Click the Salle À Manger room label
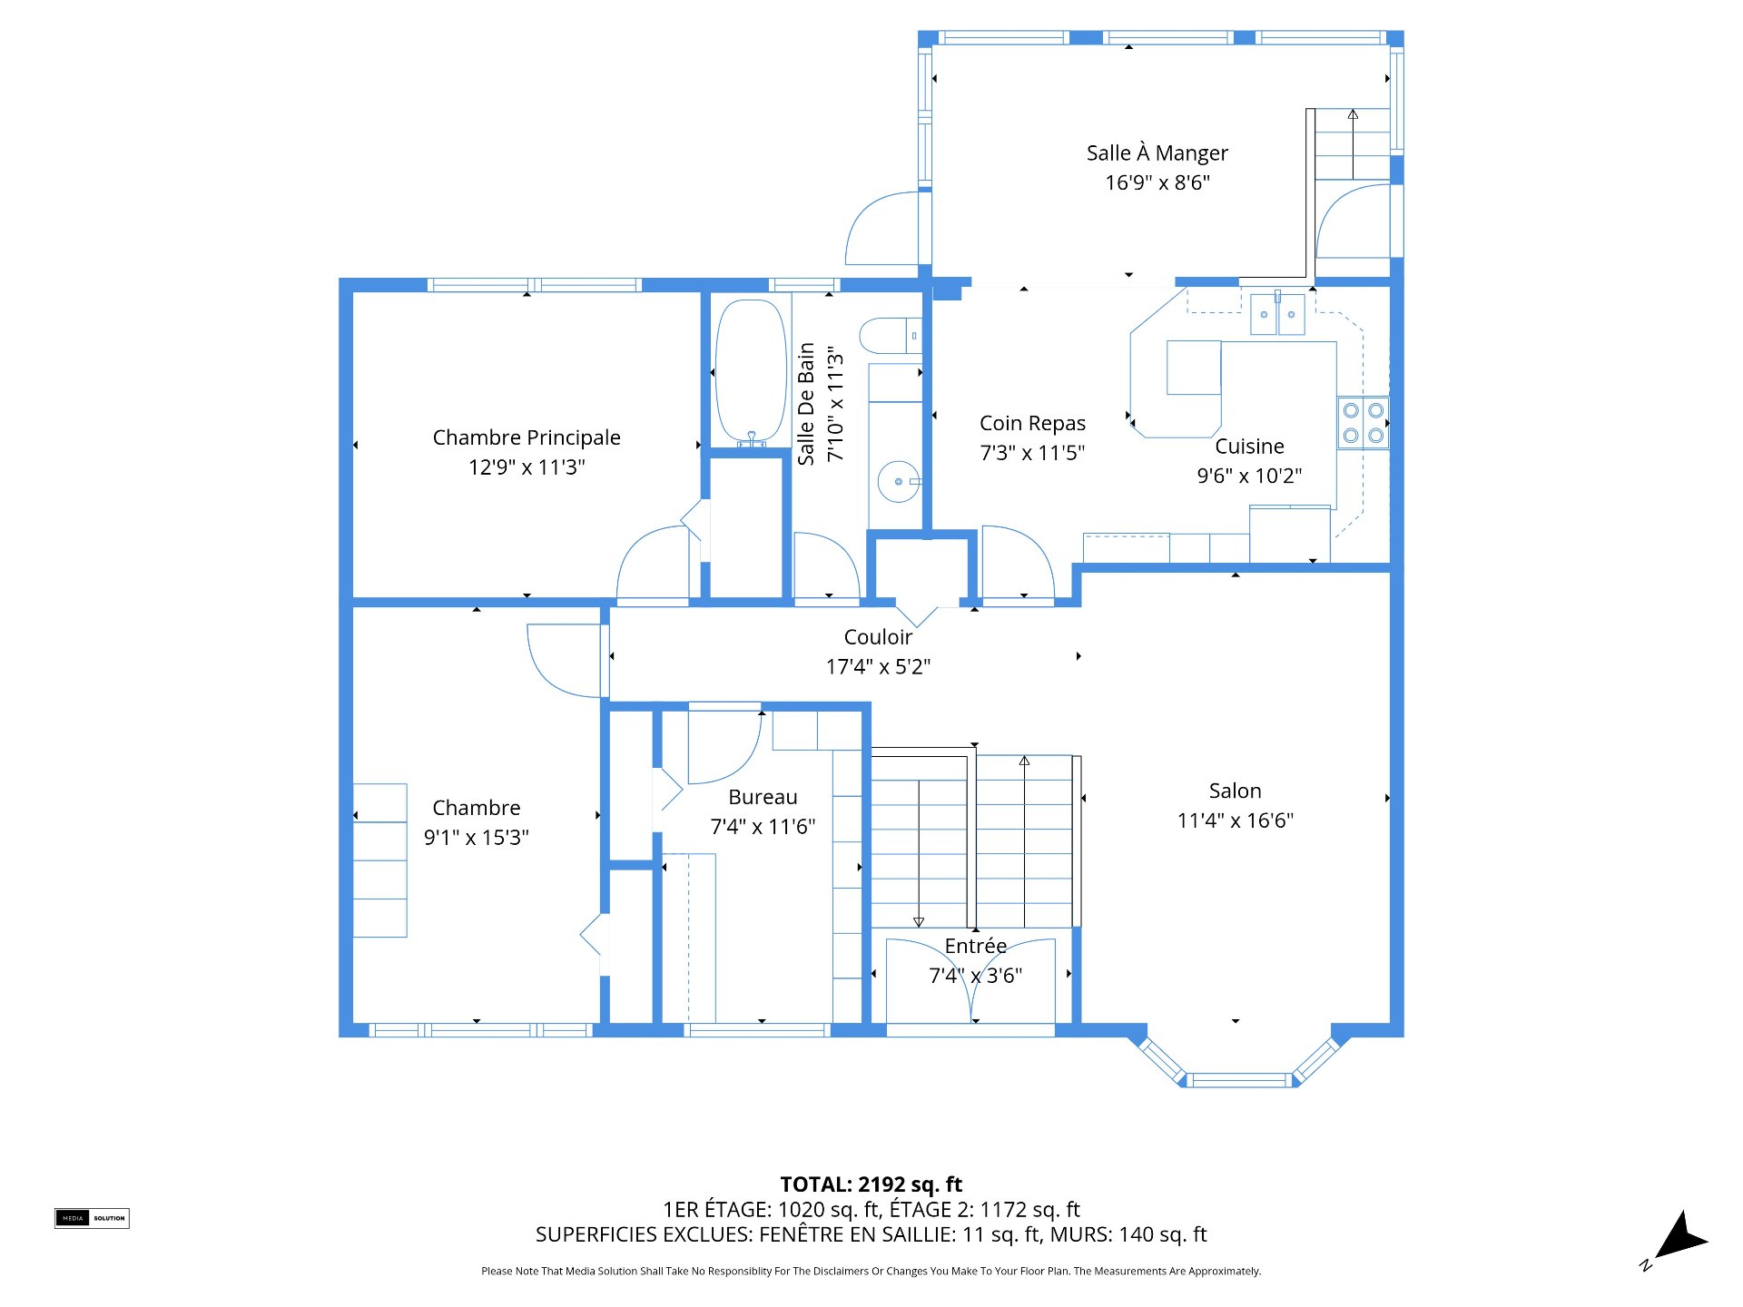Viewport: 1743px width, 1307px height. pos(1157,152)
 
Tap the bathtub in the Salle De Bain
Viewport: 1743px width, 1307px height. pos(751,372)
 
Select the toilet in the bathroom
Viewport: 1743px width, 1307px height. pos(891,336)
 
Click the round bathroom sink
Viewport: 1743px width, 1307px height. pos(899,481)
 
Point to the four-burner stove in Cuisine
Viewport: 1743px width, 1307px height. pos(1364,423)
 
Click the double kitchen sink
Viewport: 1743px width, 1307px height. pos(1277,314)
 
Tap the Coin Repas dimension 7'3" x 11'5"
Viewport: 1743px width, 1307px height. pos(1032,452)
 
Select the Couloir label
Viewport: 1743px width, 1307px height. pos(878,637)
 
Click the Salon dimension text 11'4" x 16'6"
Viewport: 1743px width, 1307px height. pos(1235,821)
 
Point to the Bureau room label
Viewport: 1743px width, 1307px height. pos(763,797)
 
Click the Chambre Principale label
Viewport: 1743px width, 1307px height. pos(527,437)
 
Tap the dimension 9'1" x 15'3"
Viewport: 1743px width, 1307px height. pos(476,837)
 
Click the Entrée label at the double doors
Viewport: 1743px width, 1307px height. pos(975,946)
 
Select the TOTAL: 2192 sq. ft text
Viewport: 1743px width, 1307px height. pos(871,1184)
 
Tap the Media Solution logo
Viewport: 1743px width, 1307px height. pos(92,1218)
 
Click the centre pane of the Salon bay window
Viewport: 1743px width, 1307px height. pos(1239,1080)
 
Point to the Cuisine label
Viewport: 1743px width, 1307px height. pos(1249,447)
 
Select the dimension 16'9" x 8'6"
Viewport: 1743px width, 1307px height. pos(1157,182)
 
